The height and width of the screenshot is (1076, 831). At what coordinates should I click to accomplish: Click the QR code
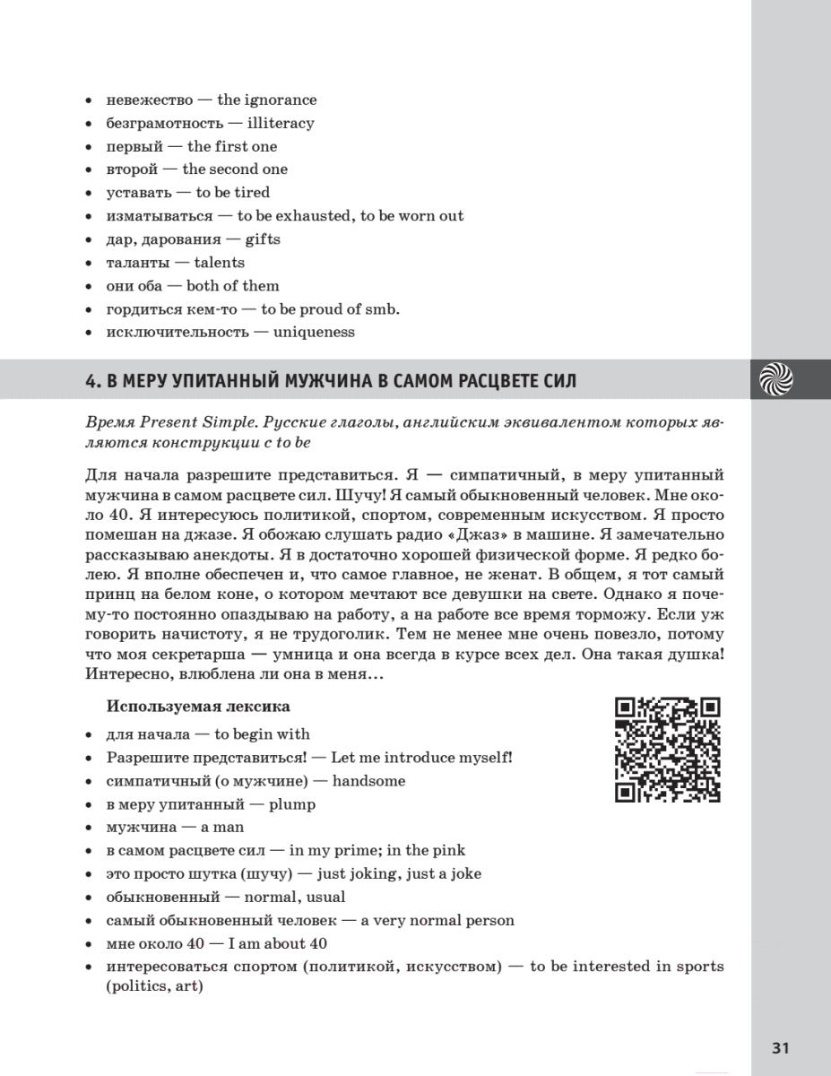(668, 750)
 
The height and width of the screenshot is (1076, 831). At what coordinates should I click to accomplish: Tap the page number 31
(780, 1048)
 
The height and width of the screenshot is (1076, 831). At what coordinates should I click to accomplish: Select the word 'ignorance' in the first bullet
(281, 100)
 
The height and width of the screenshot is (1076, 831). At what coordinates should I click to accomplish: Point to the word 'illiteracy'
(281, 123)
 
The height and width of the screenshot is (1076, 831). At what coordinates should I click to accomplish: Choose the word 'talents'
(220, 262)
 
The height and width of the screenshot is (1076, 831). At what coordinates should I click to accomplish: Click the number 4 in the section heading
(91, 381)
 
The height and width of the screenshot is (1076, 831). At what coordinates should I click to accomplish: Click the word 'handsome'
(368, 780)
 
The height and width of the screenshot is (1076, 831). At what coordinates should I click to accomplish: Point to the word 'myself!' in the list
(483, 758)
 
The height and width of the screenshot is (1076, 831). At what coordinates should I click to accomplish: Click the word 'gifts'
(263, 239)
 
